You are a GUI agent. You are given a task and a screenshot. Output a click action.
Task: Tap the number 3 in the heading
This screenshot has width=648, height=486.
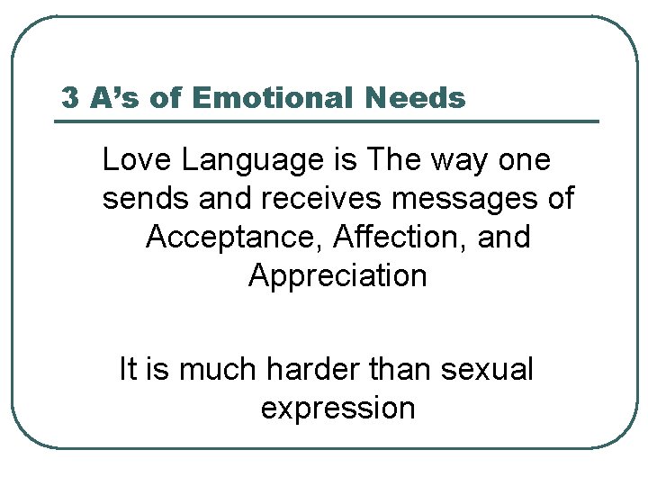[x=69, y=97]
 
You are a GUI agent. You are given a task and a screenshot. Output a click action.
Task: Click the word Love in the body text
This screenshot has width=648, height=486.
[x=137, y=160]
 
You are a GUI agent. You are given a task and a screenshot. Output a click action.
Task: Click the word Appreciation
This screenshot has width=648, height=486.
[x=337, y=276]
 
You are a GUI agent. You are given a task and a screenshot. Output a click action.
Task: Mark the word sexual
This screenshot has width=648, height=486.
[x=486, y=369]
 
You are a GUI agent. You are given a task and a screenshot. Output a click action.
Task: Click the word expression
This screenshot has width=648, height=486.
[x=337, y=409]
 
